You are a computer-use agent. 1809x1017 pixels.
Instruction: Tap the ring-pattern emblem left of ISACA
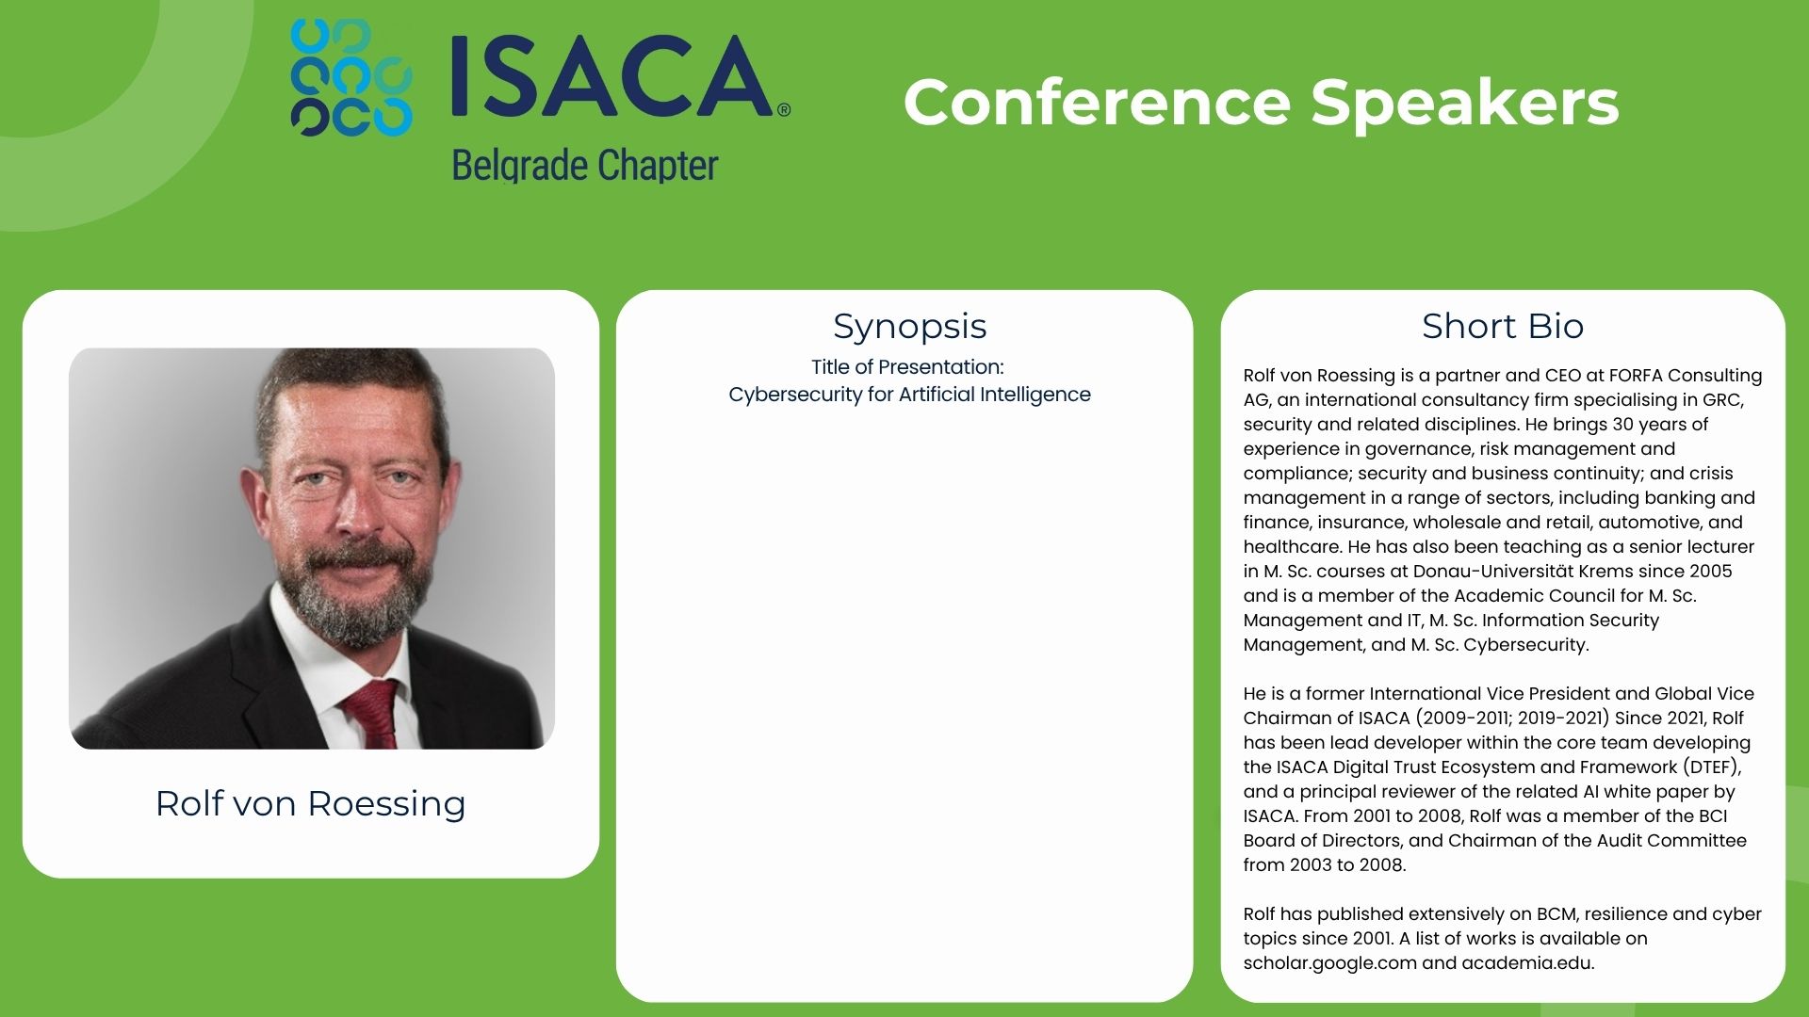tap(351, 78)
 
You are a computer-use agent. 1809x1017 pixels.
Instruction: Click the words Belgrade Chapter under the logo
tap(585, 166)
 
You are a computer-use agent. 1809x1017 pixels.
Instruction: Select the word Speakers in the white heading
tap(1464, 104)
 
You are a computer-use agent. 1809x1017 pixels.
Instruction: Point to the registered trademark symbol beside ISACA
tap(784, 110)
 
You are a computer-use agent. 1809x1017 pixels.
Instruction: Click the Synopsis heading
tap(909, 328)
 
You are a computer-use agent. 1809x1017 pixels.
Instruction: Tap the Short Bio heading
tap(1503, 326)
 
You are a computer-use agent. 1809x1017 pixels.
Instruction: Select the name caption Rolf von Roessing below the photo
tap(310, 803)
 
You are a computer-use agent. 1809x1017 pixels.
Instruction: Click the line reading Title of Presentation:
tap(907, 367)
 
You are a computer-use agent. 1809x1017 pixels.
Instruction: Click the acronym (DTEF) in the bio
tap(1711, 767)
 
